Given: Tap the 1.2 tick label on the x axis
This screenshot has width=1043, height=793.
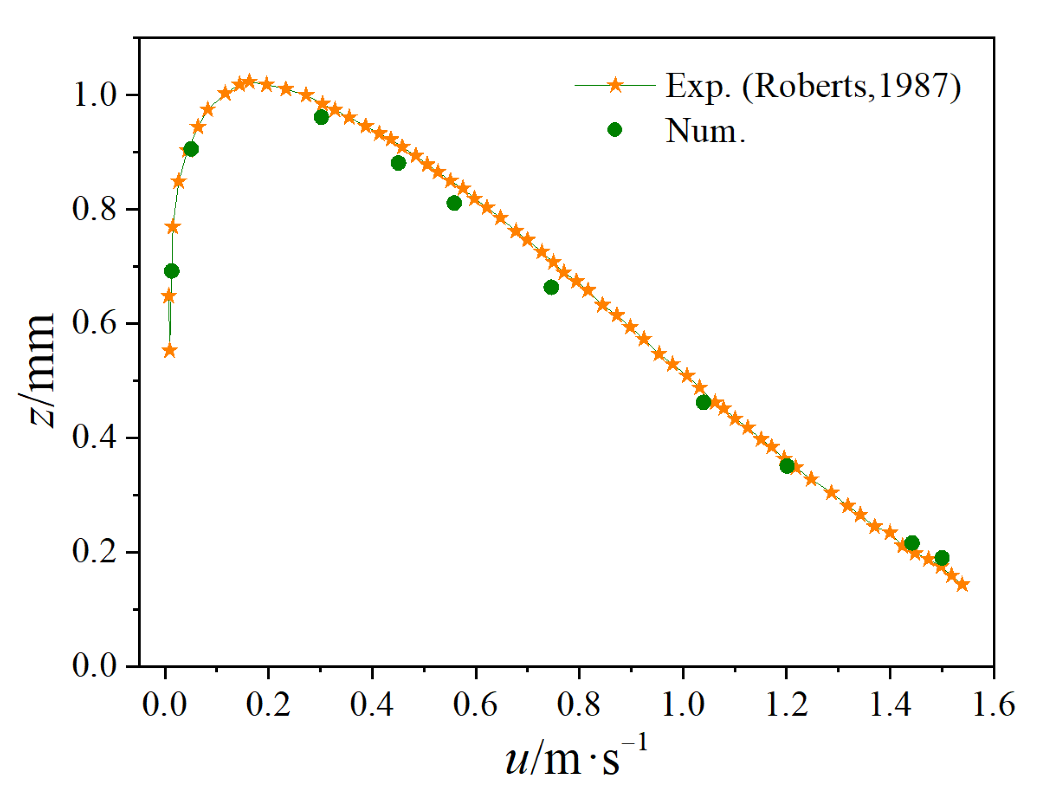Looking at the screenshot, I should pyautogui.click(x=787, y=705).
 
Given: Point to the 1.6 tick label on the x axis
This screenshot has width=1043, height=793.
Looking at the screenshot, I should pyautogui.click(x=993, y=705).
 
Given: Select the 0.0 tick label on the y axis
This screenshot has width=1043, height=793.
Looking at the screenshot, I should pyautogui.click(x=95, y=665).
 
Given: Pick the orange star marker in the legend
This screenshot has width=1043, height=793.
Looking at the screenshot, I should pyautogui.click(x=615, y=86).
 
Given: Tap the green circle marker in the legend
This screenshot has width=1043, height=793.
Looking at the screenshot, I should pyautogui.click(x=614, y=130).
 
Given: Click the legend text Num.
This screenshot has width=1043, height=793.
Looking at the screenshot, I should pyautogui.click(x=705, y=130).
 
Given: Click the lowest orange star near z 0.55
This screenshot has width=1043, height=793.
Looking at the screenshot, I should pyautogui.click(x=169, y=351).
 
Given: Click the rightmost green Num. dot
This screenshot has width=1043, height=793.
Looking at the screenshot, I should pyautogui.click(x=942, y=558).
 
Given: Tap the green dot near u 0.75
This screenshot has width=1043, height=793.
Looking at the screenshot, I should pyautogui.click(x=551, y=288).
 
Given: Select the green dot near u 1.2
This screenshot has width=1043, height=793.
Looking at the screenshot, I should pyautogui.click(x=787, y=466).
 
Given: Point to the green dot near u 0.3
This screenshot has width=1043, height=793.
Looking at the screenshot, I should pyautogui.click(x=321, y=117).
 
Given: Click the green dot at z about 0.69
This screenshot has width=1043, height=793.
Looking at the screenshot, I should pyautogui.click(x=171, y=271).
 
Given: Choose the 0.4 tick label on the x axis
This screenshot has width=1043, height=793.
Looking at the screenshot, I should pyautogui.click(x=372, y=705).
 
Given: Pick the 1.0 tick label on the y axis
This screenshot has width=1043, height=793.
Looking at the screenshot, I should pyautogui.click(x=95, y=95).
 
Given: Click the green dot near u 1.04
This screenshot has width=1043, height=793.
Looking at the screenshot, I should pyautogui.click(x=704, y=402).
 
